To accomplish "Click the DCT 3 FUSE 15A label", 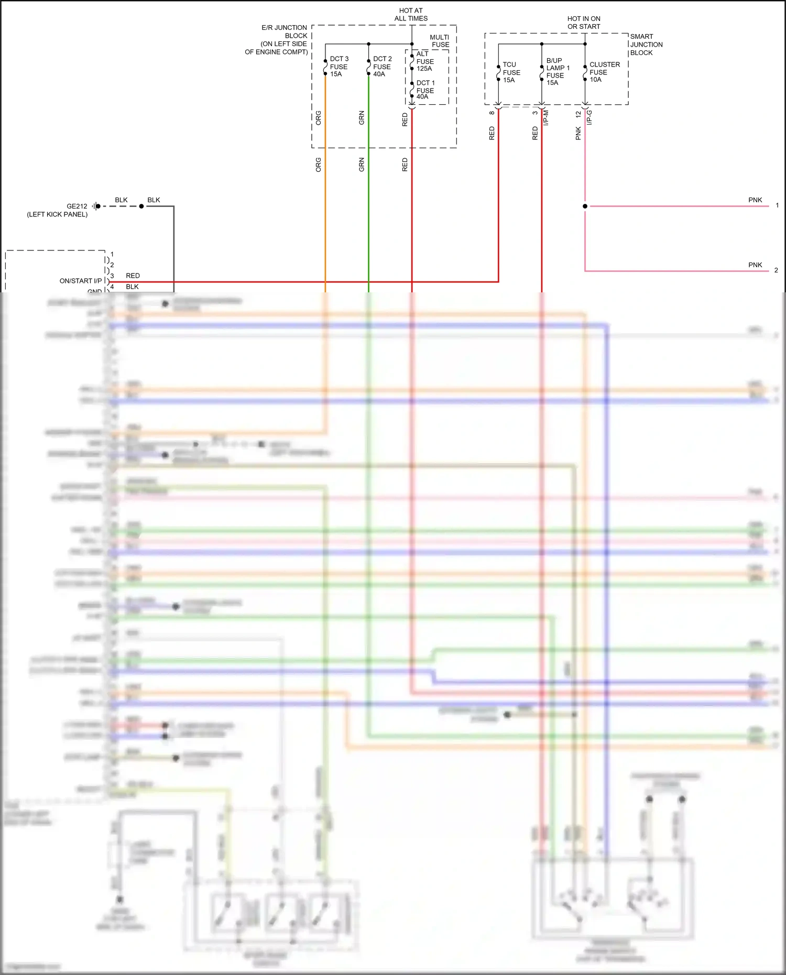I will click(339, 67).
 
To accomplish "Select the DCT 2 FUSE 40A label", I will click(382, 67).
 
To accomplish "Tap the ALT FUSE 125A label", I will click(424, 61).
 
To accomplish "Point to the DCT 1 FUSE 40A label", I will click(425, 90).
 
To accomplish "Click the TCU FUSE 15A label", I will click(511, 72).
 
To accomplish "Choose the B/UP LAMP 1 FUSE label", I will click(558, 71).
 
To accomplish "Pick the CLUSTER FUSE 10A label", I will click(604, 72).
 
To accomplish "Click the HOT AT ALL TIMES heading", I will click(411, 14).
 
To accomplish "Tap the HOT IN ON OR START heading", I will click(584, 23).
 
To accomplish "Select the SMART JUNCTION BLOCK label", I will click(646, 45).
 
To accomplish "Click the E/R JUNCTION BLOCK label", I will click(277, 40).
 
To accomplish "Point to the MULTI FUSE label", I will click(440, 41).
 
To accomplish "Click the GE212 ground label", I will click(77, 206).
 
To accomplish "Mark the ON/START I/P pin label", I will click(80, 281).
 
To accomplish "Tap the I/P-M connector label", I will click(546, 117).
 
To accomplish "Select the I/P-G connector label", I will click(589, 117).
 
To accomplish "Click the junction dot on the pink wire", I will click(585, 206).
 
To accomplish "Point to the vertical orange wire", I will click(325, 210).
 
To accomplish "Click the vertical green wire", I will click(368, 210).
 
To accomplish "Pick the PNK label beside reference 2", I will click(755, 265).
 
